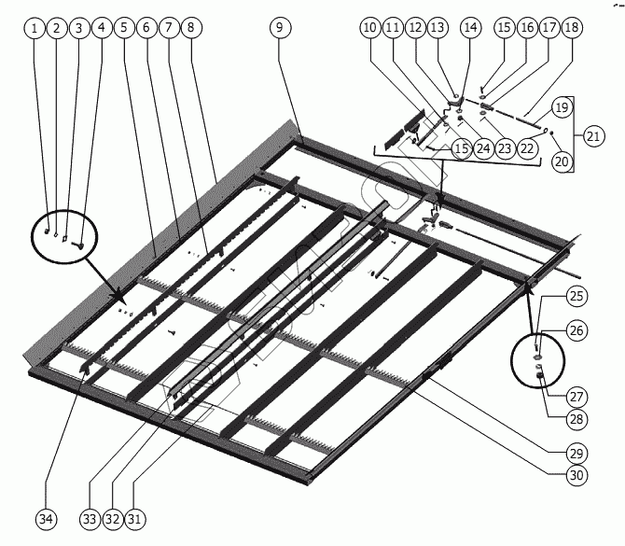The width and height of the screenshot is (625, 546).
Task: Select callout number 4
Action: [x=102, y=28]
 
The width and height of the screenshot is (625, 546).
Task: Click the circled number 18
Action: [x=571, y=28]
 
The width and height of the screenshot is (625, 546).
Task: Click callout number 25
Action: [x=576, y=296]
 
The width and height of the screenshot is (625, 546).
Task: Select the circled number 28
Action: [x=577, y=418]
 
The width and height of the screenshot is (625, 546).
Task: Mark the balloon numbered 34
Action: [x=45, y=517]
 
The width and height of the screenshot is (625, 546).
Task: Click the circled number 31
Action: [x=140, y=517]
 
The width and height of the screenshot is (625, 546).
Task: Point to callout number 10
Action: [x=370, y=28]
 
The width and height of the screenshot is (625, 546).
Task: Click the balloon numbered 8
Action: [x=190, y=28]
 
